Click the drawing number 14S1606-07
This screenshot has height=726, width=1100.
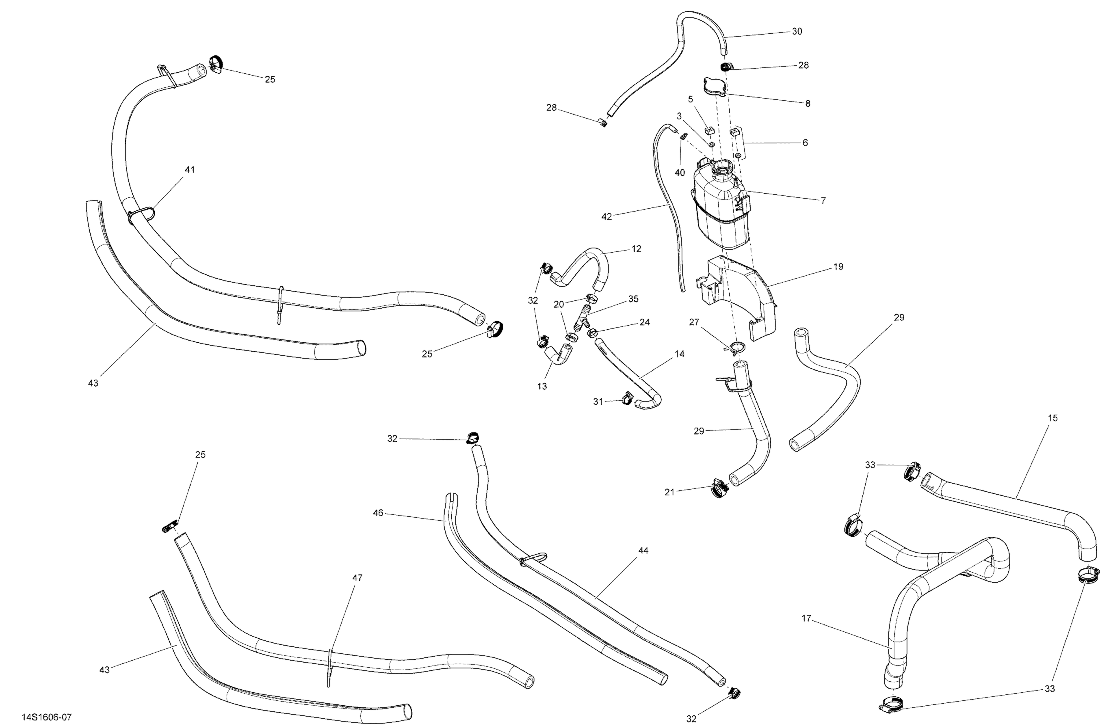[x=47, y=717]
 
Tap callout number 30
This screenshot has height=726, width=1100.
[x=797, y=32]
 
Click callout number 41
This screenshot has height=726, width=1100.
[x=190, y=170]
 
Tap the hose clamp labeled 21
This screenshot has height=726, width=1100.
[x=719, y=489]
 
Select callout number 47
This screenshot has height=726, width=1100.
[x=357, y=578]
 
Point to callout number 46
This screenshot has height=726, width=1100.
[x=378, y=513]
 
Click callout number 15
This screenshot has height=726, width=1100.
[x=1052, y=418]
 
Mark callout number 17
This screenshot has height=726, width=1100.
[x=806, y=618]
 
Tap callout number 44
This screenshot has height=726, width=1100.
[x=643, y=550]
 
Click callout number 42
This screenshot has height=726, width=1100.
[x=606, y=216]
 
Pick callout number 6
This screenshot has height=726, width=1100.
[x=805, y=143]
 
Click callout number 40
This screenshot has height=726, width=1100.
[x=680, y=173]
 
